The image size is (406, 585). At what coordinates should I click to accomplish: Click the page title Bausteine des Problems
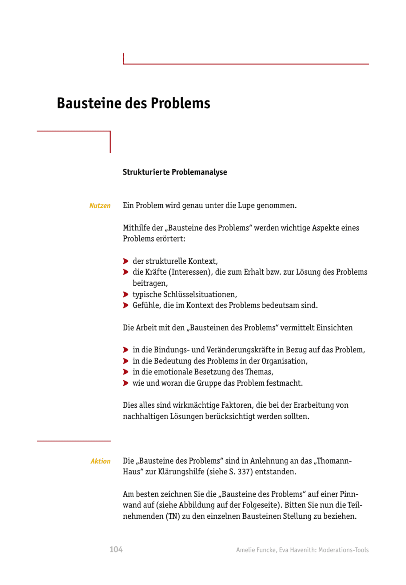point(133,103)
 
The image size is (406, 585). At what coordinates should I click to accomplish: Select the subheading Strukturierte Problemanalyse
point(175,172)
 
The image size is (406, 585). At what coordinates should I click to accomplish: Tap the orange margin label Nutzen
point(100,206)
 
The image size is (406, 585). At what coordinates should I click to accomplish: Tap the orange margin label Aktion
point(100,461)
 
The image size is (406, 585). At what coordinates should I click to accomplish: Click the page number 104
point(116,549)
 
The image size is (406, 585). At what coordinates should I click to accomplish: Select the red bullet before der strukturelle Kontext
point(125,261)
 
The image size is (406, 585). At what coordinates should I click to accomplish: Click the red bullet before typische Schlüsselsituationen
point(125,294)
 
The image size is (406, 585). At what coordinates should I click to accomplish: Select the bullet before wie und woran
point(125,383)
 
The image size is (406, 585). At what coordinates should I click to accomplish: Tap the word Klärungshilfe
point(181,472)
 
